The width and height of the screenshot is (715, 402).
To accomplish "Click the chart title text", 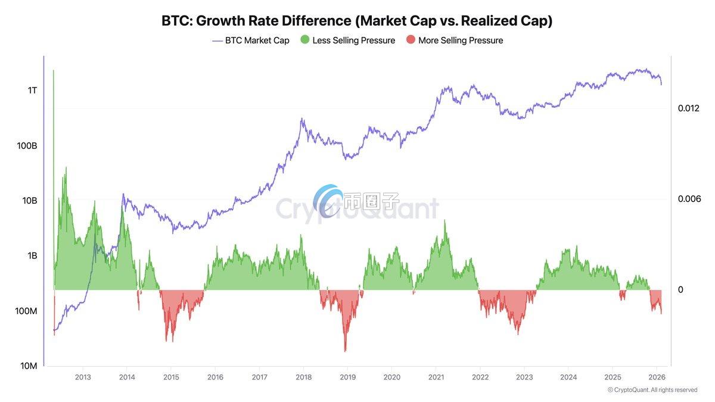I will tap(357, 21).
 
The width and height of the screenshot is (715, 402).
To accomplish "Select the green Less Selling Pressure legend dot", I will tap(305, 40).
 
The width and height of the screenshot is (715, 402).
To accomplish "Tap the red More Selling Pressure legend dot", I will tap(411, 40).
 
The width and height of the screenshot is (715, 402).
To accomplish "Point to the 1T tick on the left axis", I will tap(32, 91).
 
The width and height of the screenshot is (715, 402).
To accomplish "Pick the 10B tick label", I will tap(29, 201).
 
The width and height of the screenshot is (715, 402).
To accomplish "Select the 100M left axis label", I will tap(26, 311).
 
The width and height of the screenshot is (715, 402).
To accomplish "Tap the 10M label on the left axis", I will tap(28, 366).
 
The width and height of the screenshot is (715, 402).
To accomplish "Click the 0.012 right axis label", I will tap(689, 108).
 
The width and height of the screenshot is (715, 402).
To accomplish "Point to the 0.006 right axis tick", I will tap(689, 199).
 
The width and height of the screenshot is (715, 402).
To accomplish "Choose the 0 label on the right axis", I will tap(680, 290).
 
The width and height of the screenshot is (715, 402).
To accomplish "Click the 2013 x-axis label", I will tap(83, 377).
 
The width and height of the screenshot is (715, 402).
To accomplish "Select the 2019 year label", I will tap(347, 377).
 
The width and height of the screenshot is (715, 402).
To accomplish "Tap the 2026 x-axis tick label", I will tap(657, 377).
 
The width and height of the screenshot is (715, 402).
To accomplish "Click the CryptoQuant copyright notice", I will tap(652, 390).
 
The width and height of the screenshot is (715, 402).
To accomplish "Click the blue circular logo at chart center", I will tap(328, 201).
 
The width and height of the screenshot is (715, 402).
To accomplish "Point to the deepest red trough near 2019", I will tap(345, 350).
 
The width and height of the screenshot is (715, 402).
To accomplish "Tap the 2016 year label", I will tap(215, 377).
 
